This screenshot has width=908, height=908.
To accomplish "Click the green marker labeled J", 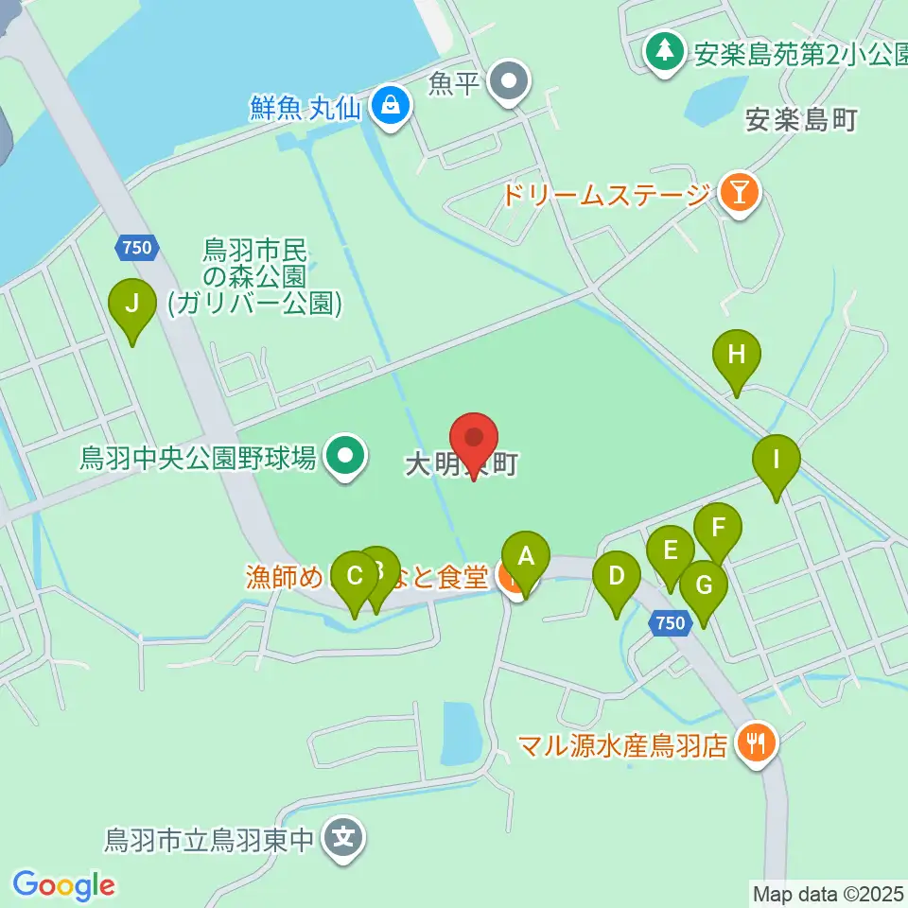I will tap(132, 305).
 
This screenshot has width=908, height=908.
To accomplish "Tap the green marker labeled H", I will tap(737, 356).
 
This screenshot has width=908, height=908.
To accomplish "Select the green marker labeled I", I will tap(777, 462).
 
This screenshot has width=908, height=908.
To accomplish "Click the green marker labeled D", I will tap(616, 576).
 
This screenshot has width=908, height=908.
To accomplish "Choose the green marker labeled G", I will tap(704, 585).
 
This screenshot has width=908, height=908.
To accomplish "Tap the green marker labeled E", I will tap(671, 550).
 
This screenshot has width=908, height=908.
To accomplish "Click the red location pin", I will tap(474, 439).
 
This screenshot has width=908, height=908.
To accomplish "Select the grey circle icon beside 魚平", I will tap(511, 82).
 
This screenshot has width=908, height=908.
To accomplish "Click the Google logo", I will tap(63, 885).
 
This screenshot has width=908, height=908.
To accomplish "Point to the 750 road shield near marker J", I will tap(135, 248).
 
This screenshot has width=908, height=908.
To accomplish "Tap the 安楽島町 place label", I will tap(800, 120).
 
